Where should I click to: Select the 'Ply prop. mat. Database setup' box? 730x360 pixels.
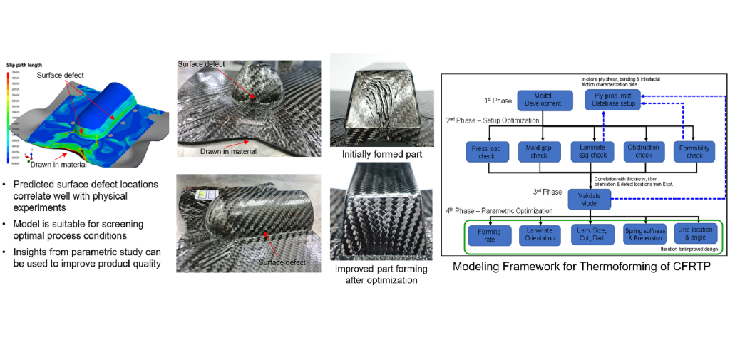pyautogui.click(x=613, y=100)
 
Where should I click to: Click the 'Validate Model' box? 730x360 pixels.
pyautogui.click(x=589, y=199)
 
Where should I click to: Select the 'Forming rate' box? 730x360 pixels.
pyautogui.click(x=489, y=235)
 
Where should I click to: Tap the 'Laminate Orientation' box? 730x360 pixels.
pyautogui.click(x=540, y=235)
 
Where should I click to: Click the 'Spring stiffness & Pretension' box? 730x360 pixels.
pyautogui.click(x=644, y=235)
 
